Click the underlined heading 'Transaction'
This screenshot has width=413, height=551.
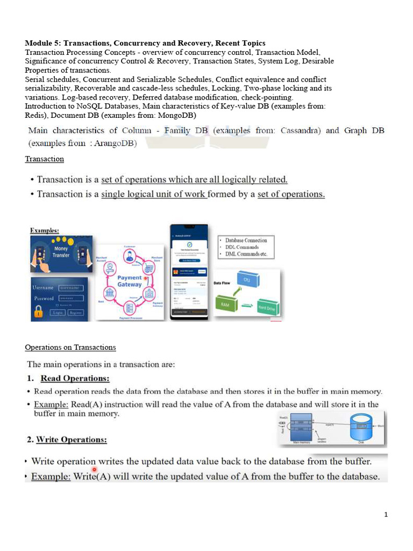45,159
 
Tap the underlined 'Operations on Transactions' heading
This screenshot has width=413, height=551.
70,347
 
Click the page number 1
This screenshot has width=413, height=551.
386,515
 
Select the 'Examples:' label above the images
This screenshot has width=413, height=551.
44,230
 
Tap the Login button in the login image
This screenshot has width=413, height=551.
58,312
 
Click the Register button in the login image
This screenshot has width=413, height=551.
75,312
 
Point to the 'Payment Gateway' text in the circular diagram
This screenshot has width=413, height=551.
130,280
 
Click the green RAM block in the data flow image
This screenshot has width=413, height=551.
226,304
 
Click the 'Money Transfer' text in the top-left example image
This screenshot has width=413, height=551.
61,252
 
